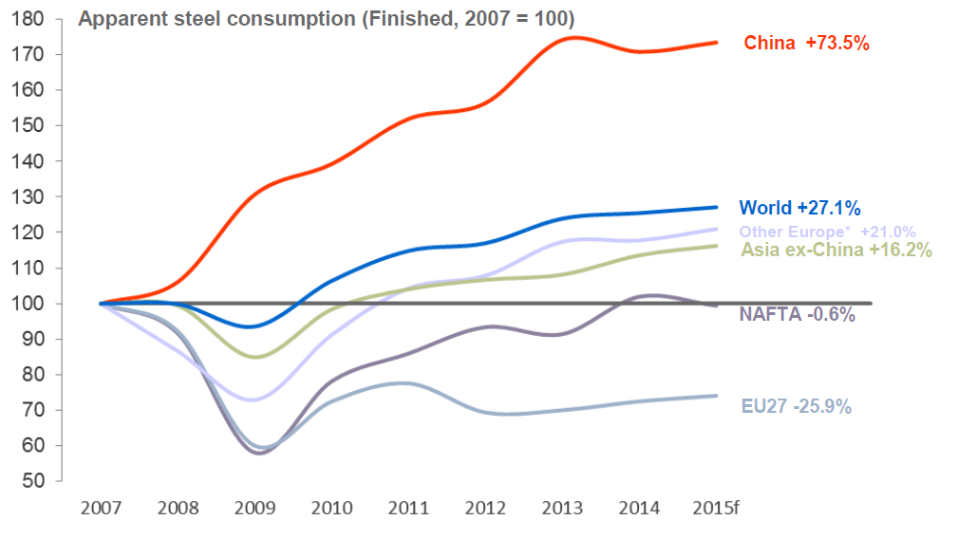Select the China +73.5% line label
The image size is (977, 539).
click(807, 43)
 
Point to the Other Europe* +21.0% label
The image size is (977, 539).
click(827, 232)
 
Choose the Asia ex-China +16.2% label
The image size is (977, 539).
click(836, 251)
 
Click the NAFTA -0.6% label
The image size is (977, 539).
click(797, 314)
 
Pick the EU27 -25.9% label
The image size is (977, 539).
click(797, 406)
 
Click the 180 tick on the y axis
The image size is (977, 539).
click(32, 19)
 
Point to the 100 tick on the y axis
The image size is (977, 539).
click(32, 304)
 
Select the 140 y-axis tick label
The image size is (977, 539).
click(32, 161)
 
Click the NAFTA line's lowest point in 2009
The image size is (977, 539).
click(256, 453)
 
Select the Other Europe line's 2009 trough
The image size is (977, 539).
click(251, 400)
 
